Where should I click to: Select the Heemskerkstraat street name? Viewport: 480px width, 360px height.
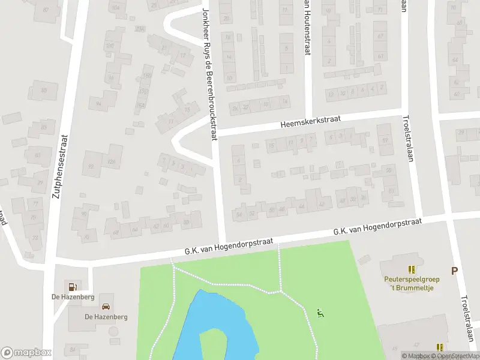coord(310,122)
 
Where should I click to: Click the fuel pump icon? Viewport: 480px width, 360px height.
coord(73,286)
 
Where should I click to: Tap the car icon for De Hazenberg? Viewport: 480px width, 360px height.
coord(106,307)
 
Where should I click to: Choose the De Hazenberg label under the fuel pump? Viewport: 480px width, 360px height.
coord(72,297)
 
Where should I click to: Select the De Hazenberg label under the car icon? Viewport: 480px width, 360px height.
coord(106,317)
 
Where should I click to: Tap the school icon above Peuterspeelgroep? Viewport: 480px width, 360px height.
coord(411,269)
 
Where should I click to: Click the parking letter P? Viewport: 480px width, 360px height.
coord(454,271)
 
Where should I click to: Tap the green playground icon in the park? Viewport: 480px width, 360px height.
coord(320,313)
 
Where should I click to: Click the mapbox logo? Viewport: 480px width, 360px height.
coord(26,352)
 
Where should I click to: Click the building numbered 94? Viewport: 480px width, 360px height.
coord(98,103)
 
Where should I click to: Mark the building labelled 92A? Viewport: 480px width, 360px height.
coord(111,161)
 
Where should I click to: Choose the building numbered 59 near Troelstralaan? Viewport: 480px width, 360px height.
coord(384,141)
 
